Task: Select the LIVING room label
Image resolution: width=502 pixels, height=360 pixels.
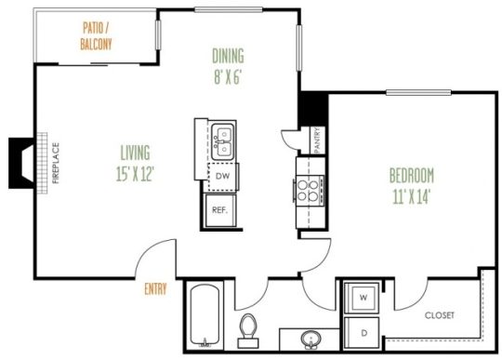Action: [135, 151]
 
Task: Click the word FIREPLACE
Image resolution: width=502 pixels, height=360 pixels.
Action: [56, 163]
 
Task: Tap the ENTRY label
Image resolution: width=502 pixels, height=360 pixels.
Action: [155, 289]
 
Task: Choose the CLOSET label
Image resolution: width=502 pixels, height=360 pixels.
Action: [440, 315]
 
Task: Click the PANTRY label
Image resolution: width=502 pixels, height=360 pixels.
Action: [317, 140]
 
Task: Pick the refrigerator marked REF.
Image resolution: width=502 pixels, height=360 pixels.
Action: [220, 210]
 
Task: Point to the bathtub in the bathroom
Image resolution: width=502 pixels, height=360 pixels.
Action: [205, 321]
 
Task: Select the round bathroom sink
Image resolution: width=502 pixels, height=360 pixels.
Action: [311, 338]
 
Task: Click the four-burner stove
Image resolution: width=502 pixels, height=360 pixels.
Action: [308, 189]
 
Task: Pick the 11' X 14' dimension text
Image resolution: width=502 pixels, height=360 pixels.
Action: [412, 196]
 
